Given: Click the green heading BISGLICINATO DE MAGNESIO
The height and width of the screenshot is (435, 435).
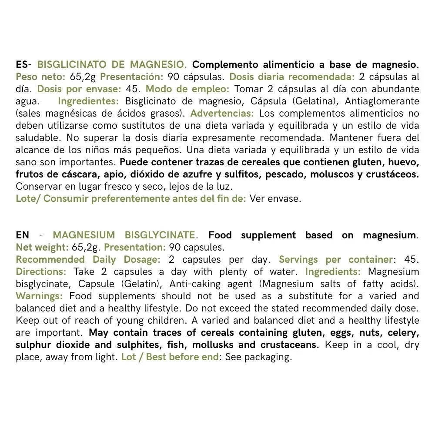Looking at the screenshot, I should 112,65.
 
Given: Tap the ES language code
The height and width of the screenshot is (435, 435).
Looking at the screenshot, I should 21,65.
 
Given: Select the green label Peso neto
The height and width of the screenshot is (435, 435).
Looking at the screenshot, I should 40,77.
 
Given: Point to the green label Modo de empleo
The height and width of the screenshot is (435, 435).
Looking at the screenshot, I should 187,89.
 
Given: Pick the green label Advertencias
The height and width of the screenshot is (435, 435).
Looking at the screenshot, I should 222,114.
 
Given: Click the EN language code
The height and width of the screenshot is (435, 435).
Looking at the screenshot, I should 23,235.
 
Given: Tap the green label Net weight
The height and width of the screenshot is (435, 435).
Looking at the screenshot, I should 42,248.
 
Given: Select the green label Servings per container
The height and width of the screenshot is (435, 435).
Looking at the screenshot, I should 335,260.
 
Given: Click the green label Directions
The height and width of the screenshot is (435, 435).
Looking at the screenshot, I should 41,272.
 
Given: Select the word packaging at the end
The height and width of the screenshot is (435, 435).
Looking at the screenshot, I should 268,357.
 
